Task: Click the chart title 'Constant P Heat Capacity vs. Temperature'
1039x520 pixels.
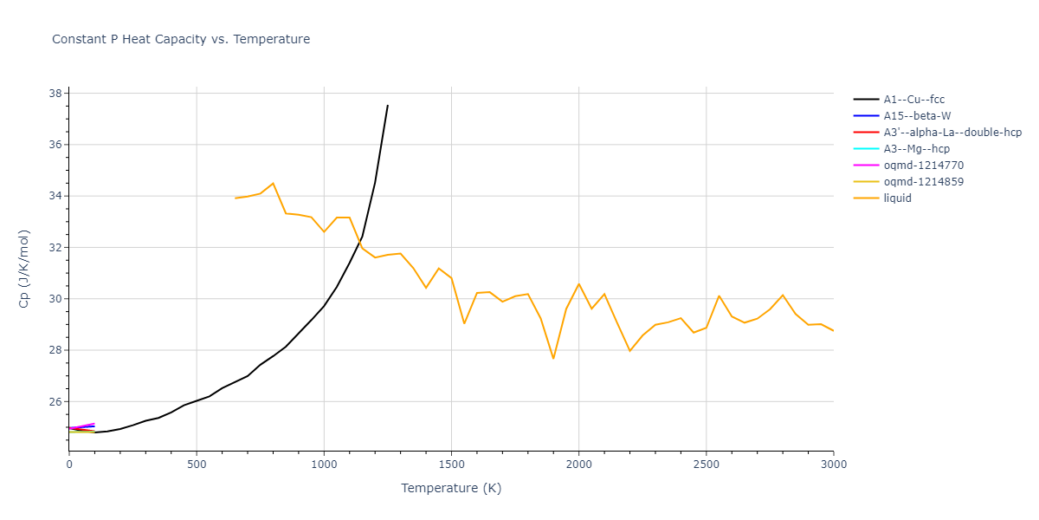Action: point(181,39)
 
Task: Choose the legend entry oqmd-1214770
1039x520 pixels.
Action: point(923,166)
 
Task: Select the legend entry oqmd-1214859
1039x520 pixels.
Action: point(923,182)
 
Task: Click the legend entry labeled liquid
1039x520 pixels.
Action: point(897,198)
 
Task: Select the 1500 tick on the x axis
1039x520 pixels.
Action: point(451,465)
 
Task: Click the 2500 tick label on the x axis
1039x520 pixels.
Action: point(706,465)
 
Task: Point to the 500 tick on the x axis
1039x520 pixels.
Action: point(197,465)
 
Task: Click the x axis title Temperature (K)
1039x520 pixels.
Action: point(451,488)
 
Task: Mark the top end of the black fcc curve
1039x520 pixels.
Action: point(388,105)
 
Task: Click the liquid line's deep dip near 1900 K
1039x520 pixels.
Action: point(553,359)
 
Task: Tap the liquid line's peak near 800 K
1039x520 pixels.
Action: point(273,183)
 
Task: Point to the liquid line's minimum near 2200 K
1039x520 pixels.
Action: point(629,351)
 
